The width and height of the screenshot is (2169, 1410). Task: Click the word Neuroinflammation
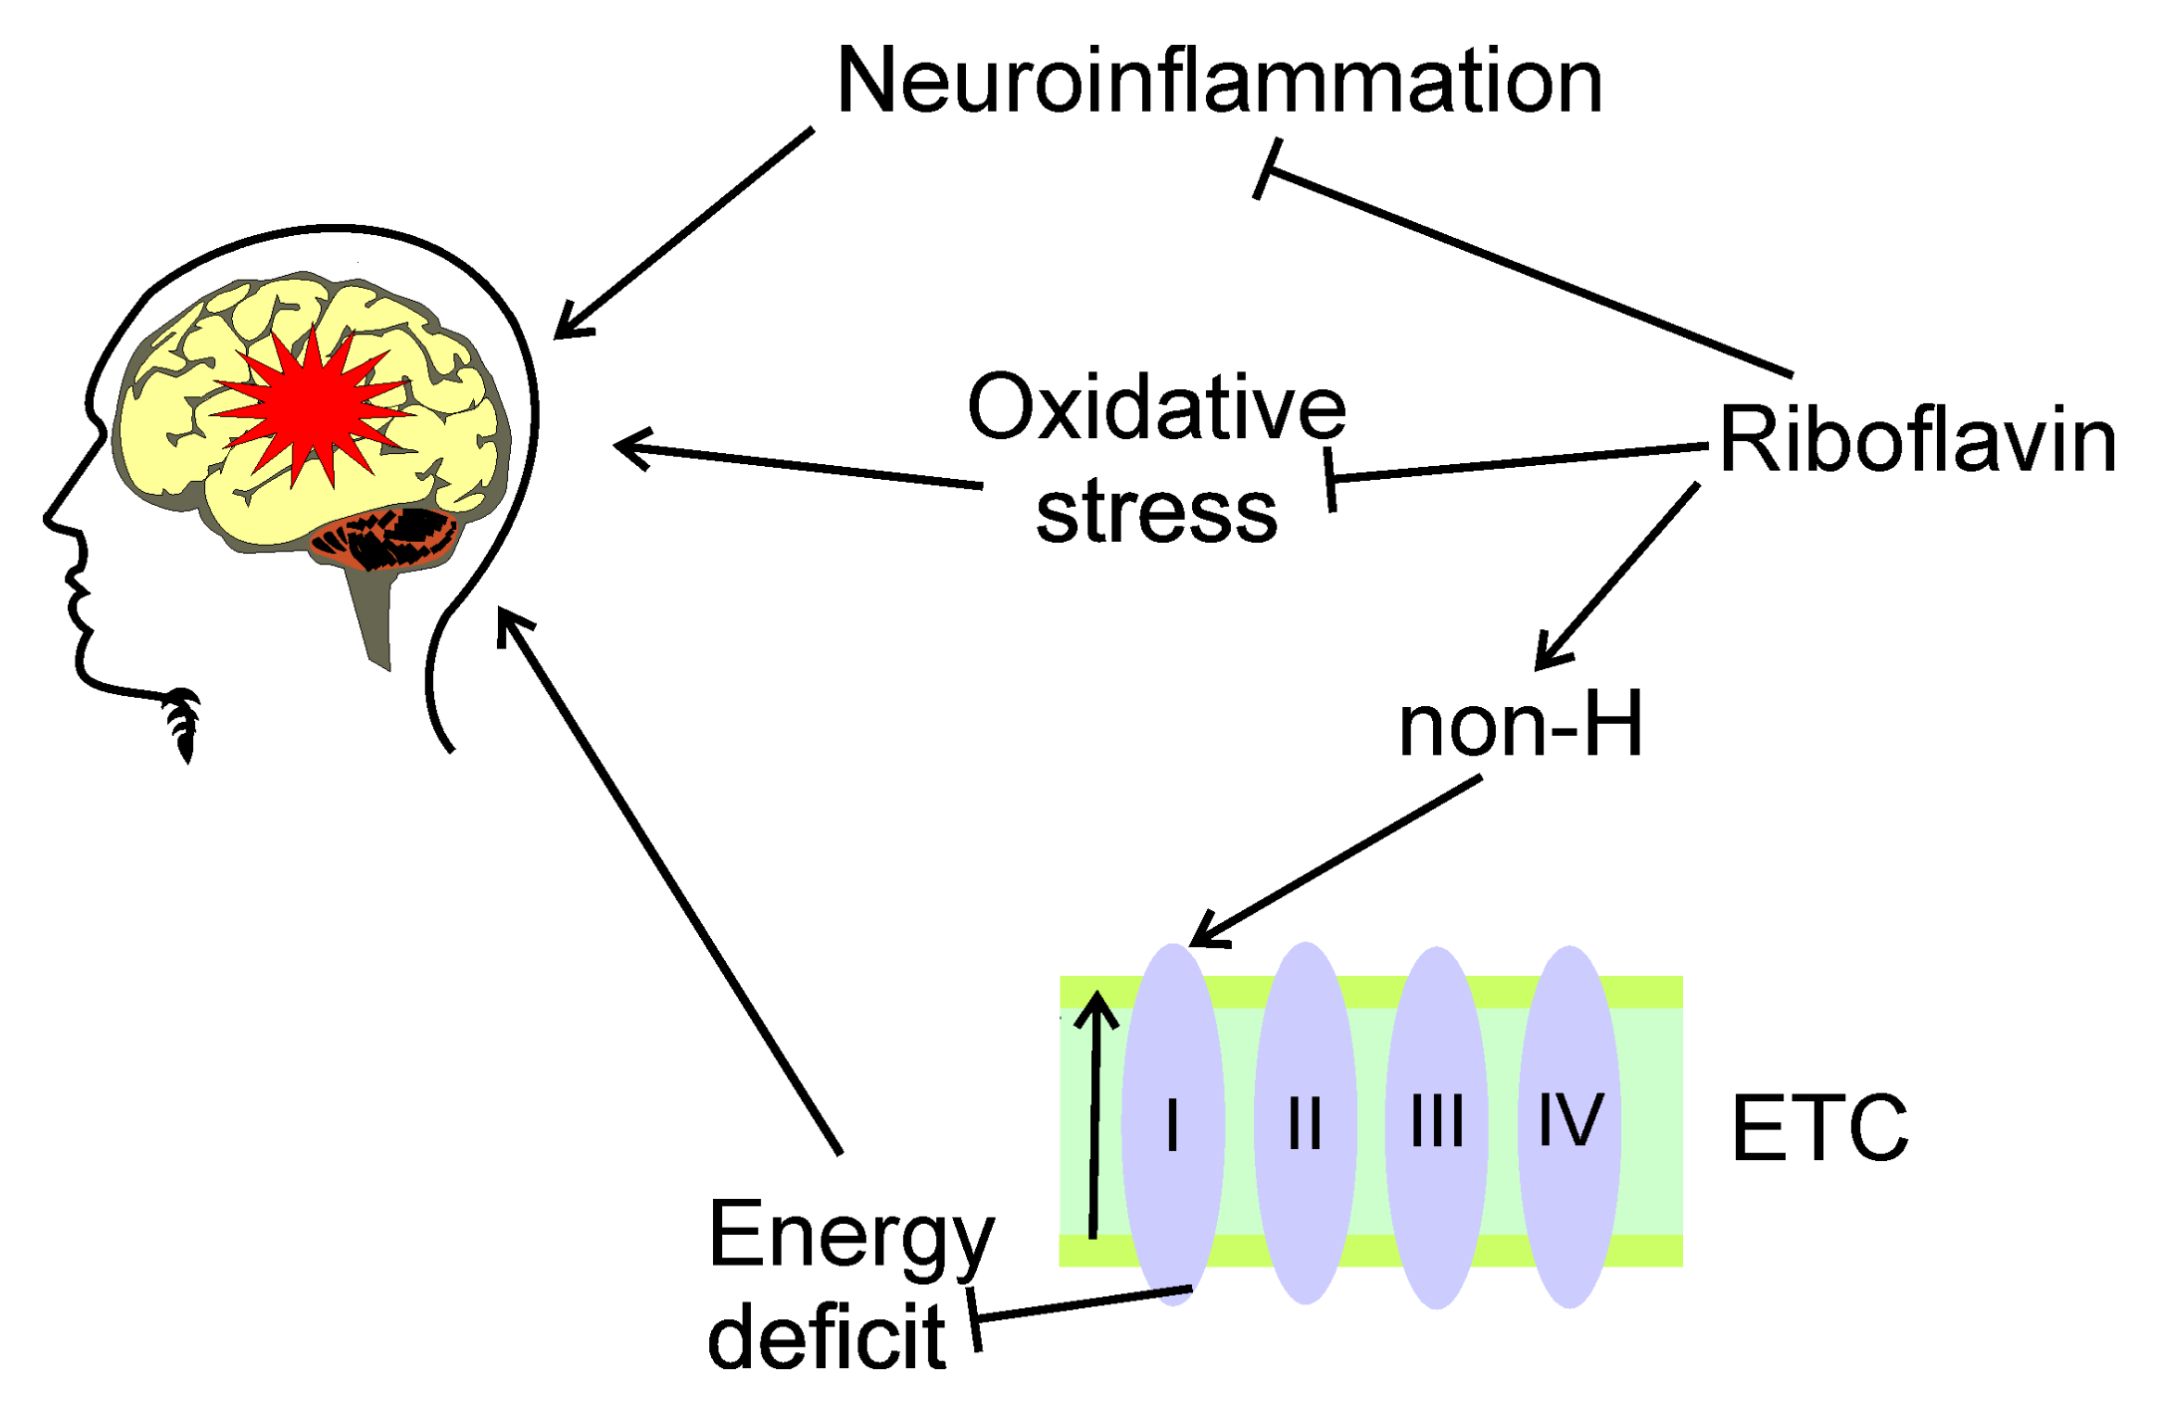pos(1219,82)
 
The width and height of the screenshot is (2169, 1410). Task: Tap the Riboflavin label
pos(1917,441)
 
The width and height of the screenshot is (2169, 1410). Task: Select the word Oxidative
pos(1156,408)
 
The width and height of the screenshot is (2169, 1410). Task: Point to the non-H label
pos(1520,726)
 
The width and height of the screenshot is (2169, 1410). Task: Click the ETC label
pos(1819,1128)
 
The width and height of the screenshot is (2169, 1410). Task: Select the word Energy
pos(850,1237)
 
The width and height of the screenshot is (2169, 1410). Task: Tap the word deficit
pos(826,1339)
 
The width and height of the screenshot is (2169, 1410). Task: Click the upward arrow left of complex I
pos(1095,1115)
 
